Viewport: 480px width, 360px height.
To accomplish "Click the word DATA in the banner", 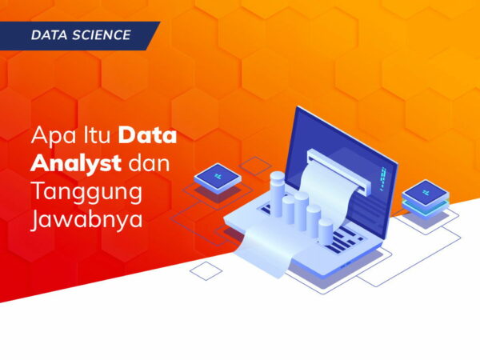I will pyautogui.click(x=50, y=35).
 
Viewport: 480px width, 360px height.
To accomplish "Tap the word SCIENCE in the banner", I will pyautogui.click(x=102, y=35).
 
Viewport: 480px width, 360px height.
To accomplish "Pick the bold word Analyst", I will pyautogui.click(x=76, y=164).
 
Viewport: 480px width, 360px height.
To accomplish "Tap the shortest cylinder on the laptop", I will pyautogui.click(x=325, y=230).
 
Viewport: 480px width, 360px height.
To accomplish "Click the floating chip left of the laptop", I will pyautogui.click(x=218, y=177).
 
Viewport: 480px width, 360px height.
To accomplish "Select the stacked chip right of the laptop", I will pyautogui.click(x=424, y=197).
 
